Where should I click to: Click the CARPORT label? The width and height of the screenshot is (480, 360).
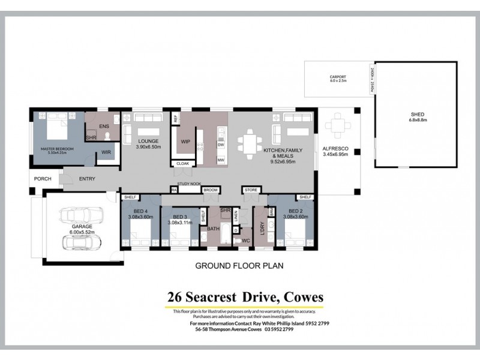pyautogui.click(x=338, y=77)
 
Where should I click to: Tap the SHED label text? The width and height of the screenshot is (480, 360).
pyautogui.click(x=416, y=115)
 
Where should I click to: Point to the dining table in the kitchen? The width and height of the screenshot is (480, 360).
pyautogui.click(x=248, y=143)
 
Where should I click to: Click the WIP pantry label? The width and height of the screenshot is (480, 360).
pyautogui.click(x=186, y=142)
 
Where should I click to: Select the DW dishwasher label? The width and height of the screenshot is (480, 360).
pyautogui.click(x=221, y=145)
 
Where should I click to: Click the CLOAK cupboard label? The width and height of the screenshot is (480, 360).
pyautogui.click(x=183, y=163)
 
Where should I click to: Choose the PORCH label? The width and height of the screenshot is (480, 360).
pyautogui.click(x=43, y=178)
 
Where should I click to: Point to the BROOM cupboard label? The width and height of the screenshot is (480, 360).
pyautogui.click(x=211, y=190)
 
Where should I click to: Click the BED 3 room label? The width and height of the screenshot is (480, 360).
pyautogui.click(x=180, y=217)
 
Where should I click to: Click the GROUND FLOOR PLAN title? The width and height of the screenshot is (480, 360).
pyautogui.click(x=239, y=264)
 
